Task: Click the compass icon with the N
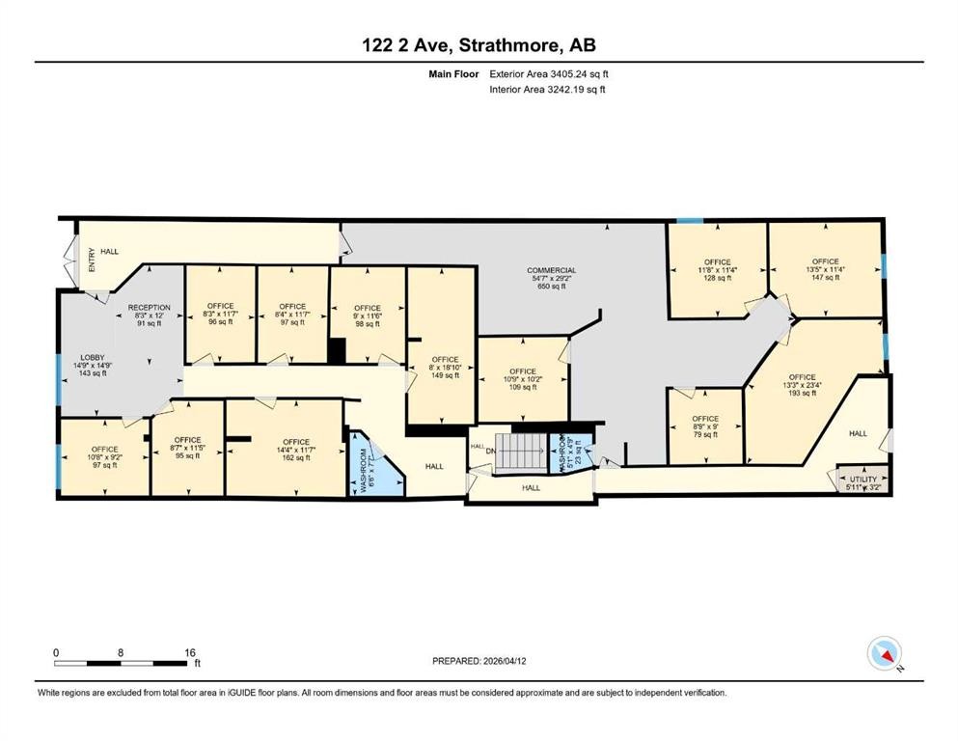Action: (885, 654)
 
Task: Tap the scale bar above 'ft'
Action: (122, 661)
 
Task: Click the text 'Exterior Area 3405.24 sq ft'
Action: (549, 72)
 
